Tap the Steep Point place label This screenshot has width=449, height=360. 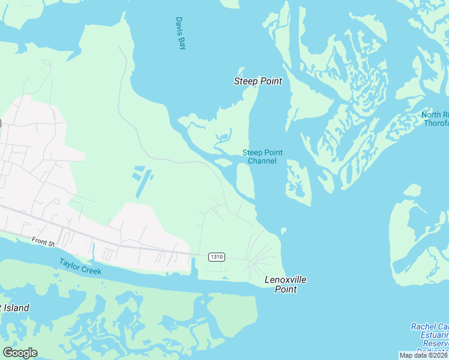coord(258,81)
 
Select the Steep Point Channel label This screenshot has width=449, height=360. coord(262,157)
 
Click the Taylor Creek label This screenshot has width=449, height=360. coord(80,266)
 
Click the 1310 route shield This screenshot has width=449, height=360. coord(217,257)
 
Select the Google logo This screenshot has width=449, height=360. coord(20,353)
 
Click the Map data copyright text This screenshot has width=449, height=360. coord(424,355)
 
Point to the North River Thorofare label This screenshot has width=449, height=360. coord(435,119)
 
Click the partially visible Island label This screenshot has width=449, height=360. coord(14,308)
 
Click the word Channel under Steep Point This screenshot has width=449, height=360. coord(262,161)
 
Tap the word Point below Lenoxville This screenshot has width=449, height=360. coord(286,289)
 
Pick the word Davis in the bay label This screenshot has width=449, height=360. coord(179,25)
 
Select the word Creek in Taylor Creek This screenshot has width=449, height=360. coord(91,269)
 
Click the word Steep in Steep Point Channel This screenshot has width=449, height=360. coord(252,152)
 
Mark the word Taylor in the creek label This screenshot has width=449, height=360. coord(70,263)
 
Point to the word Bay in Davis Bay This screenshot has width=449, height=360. coord(181,43)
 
